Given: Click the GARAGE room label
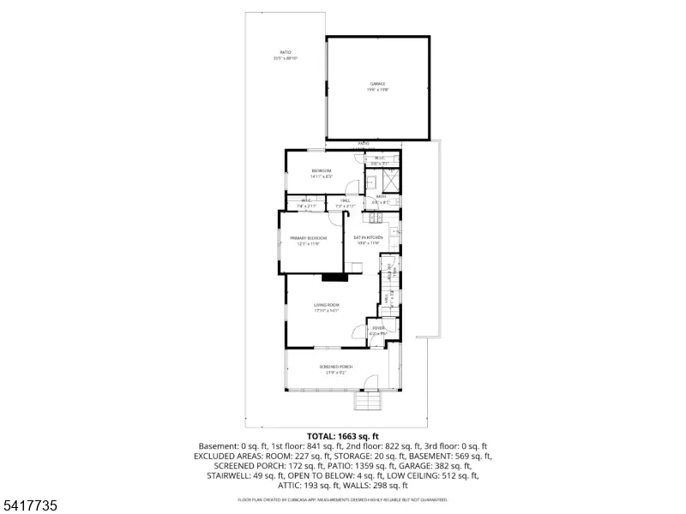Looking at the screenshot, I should tap(377, 83).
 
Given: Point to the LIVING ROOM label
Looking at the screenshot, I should tap(327, 305).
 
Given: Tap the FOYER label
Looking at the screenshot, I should tap(377, 328).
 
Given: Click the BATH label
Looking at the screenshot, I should tap(381, 196).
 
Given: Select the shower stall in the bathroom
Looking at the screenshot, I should tap(388, 181).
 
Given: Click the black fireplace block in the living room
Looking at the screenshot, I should tap(334, 277).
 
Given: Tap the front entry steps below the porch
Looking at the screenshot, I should tap(367, 402).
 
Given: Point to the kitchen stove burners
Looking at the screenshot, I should tap(394, 230).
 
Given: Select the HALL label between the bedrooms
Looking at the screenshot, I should tap(345, 201).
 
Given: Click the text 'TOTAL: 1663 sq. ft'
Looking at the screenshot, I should tap(342, 436).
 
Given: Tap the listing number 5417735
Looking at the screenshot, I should tap(30, 506).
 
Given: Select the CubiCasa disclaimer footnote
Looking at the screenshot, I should tap(342, 499).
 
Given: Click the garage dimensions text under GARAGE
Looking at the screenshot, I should tap(377, 89).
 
